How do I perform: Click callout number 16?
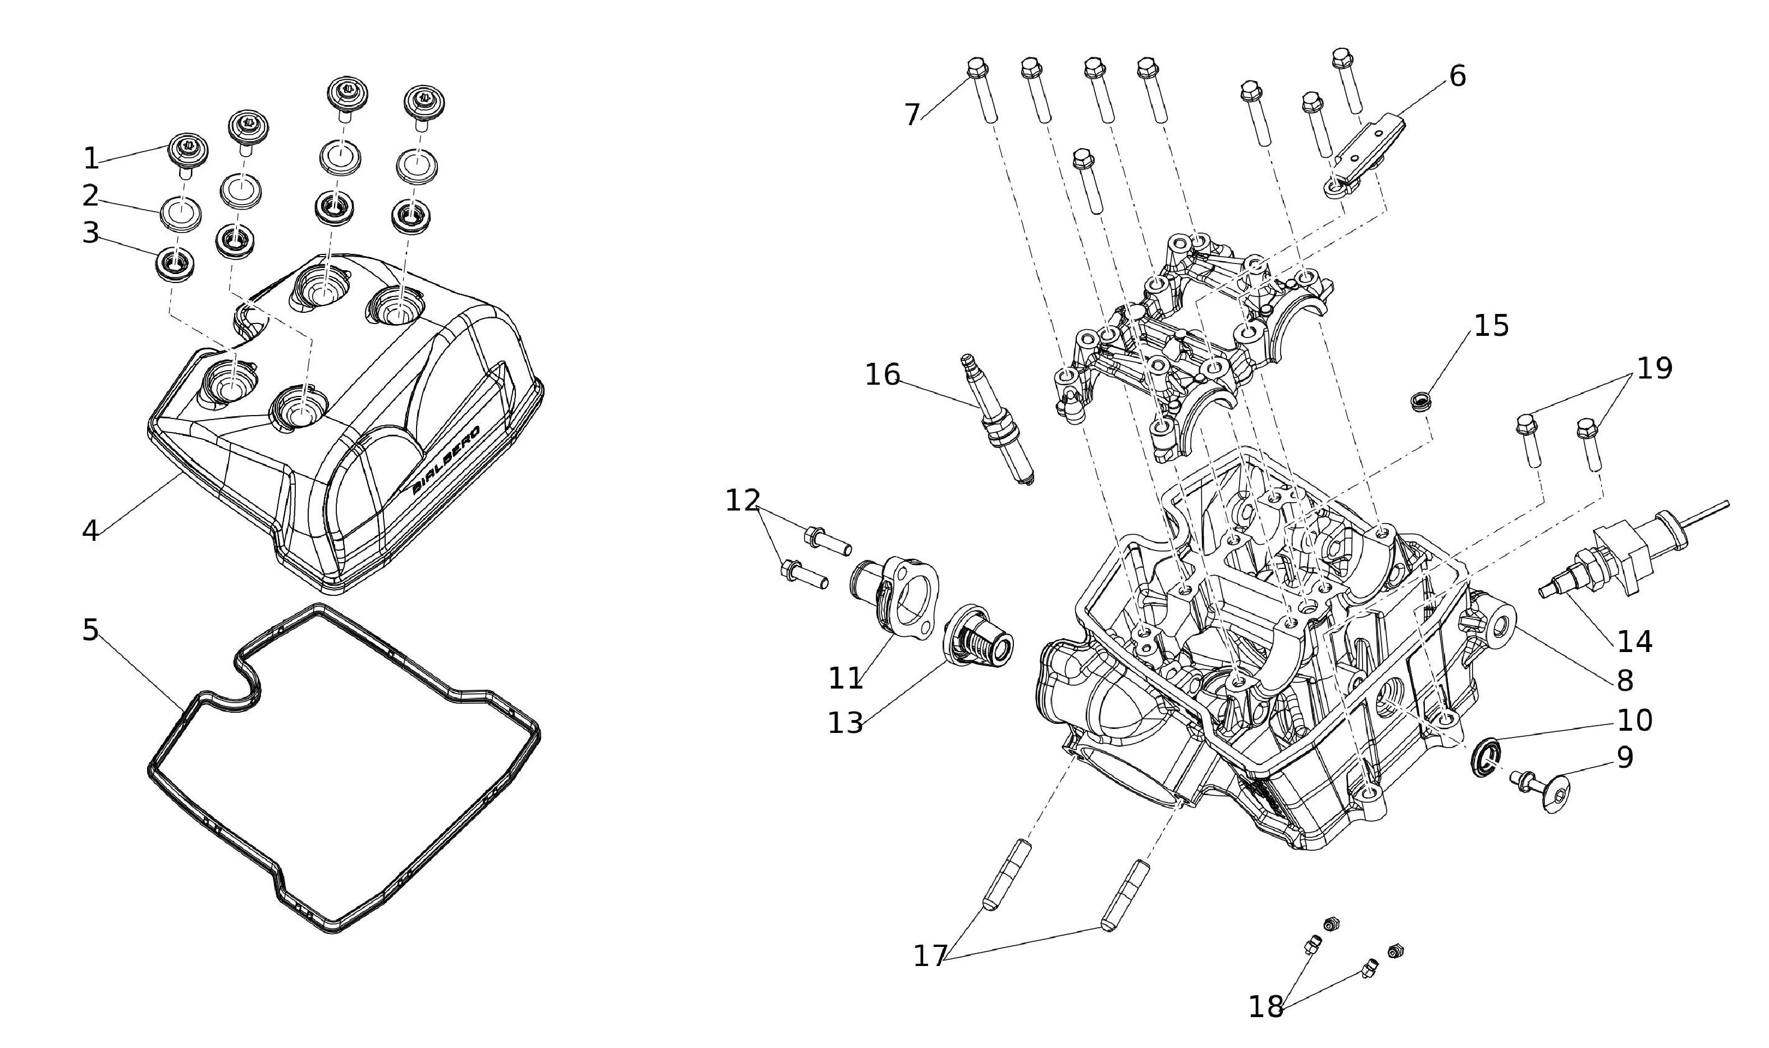(x=883, y=375)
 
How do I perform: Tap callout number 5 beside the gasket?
(x=90, y=630)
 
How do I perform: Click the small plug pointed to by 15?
(x=1419, y=402)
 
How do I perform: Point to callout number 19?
(x=1654, y=368)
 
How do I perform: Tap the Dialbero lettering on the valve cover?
(x=446, y=459)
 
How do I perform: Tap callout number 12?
(x=743, y=501)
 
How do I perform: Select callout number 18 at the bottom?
(x=1265, y=1006)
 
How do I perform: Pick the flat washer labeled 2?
(x=181, y=211)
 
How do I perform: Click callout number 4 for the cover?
(x=90, y=531)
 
